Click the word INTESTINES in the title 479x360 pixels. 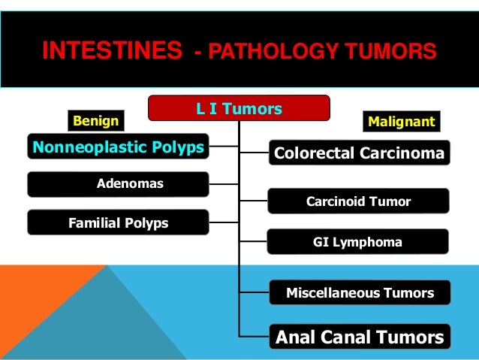click(111, 51)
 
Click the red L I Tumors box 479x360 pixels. click(239, 109)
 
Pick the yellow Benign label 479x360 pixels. click(95, 119)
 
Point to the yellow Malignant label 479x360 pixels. click(401, 121)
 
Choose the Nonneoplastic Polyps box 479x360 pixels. click(118, 147)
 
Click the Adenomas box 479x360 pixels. click(118, 183)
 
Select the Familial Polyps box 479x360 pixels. click(118, 223)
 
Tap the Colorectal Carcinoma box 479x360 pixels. click(360, 154)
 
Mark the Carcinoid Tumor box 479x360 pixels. click(358, 201)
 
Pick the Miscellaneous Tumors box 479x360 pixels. click(360, 293)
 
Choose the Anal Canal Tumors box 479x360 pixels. click(360, 337)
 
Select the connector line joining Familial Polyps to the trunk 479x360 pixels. click(224, 222)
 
